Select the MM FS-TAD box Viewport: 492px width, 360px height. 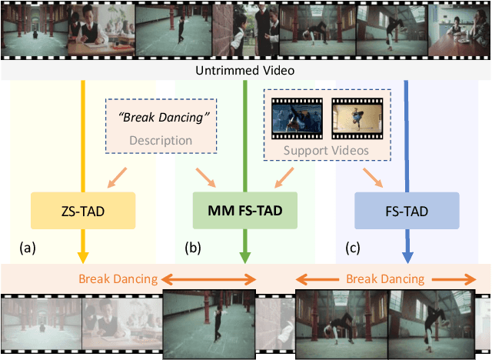coord(244,209)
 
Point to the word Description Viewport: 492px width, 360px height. coord(160,140)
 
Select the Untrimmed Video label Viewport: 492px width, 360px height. coord(245,71)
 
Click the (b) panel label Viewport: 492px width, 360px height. coord(192,248)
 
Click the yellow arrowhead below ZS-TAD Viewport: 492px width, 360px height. coord(82,255)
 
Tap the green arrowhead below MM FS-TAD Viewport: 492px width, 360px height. coord(244,257)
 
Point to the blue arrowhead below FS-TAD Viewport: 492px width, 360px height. coord(407,257)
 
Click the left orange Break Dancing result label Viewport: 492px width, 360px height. coord(118,278)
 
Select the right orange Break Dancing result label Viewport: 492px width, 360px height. coord(384,278)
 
